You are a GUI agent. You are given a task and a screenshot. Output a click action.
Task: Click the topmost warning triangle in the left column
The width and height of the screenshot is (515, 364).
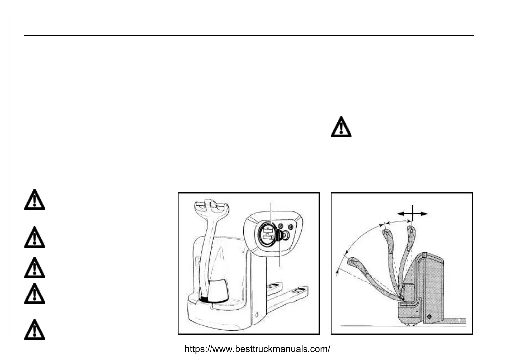point(34,200)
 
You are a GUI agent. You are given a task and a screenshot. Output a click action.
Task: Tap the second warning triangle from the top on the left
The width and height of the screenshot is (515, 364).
point(34,238)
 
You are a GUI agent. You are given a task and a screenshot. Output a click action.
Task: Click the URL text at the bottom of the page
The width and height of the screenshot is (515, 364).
point(257,349)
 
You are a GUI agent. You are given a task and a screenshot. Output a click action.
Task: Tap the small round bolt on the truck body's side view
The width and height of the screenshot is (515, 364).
point(429,317)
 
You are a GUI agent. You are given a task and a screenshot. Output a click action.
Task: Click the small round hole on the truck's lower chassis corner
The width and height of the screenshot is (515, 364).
point(256,314)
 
